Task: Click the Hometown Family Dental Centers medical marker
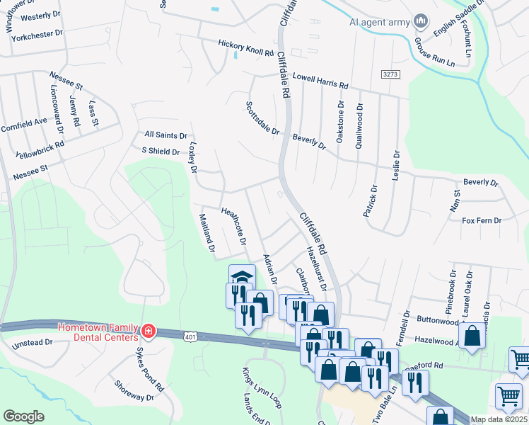point(148,331)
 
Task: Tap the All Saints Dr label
point(165,135)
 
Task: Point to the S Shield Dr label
point(161,151)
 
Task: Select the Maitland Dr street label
point(206,233)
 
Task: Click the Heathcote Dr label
point(233,225)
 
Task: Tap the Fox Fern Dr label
point(482,221)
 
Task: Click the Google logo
point(23,416)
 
